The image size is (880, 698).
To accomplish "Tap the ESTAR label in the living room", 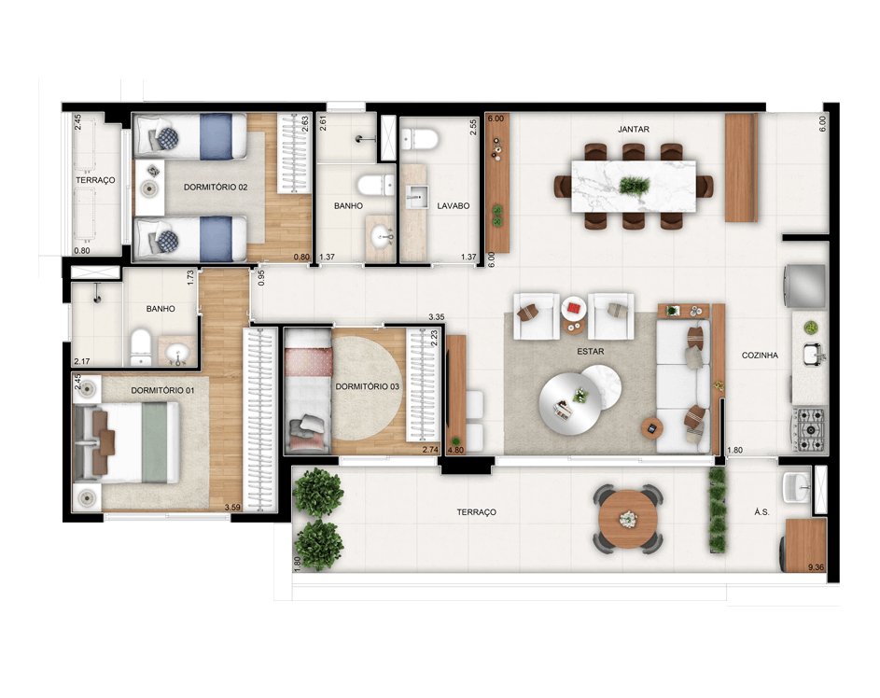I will click(587, 354).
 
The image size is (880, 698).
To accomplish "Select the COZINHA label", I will click(760, 356).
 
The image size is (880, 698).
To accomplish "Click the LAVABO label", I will click(453, 204).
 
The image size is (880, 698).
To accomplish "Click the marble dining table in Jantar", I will click(634, 185).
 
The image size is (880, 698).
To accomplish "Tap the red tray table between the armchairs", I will click(572, 306).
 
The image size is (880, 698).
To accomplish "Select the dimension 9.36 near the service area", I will click(816, 566).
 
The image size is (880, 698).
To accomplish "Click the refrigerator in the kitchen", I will click(806, 286).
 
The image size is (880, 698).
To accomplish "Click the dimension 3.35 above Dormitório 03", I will click(435, 318).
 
